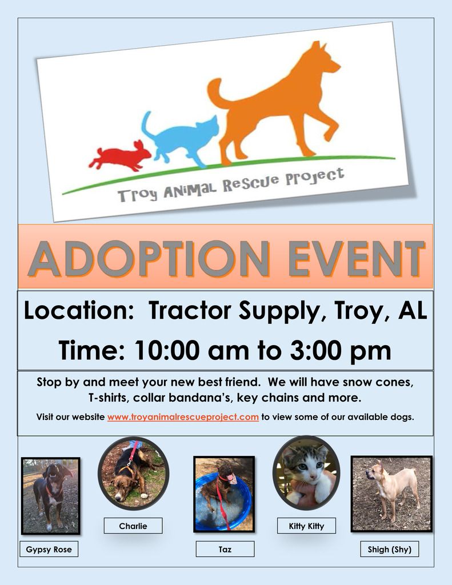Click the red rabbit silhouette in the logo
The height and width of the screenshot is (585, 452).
point(120,156)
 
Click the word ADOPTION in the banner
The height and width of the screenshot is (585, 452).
point(149,259)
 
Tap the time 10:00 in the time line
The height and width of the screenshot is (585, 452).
point(167,350)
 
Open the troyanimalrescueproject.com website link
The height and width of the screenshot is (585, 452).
point(183,416)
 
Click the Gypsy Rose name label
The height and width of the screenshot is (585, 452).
point(49,549)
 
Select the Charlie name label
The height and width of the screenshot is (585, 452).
point(133,526)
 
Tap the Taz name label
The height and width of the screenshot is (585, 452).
point(225,549)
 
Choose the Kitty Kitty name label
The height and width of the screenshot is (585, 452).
point(306,526)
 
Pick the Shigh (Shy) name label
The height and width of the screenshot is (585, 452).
point(390,549)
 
